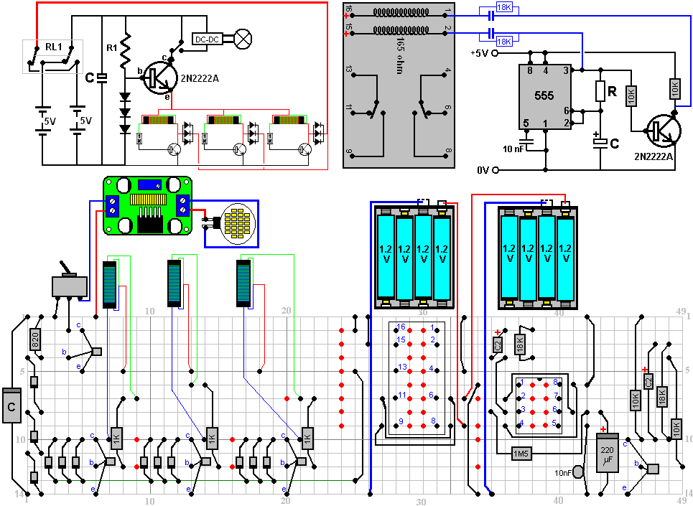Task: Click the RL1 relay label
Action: point(54,47)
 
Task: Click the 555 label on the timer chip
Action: point(544,95)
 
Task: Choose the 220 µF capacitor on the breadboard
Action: point(608,454)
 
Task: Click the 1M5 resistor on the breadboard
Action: point(520,454)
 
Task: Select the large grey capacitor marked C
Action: point(11,406)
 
